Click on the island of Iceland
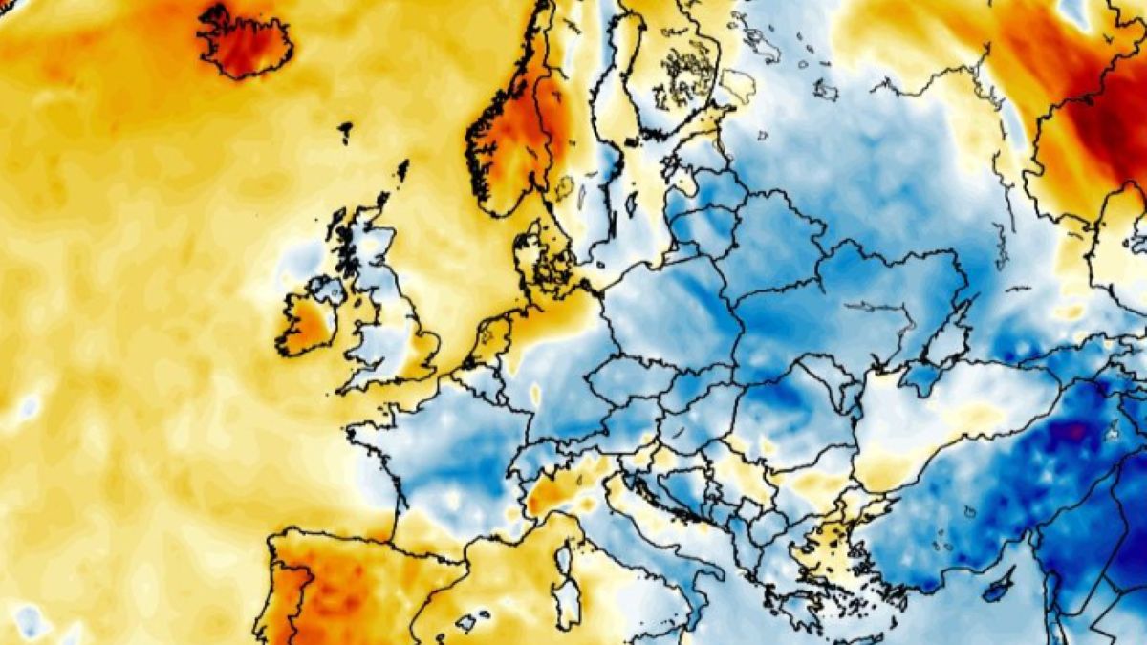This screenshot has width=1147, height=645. [244, 40]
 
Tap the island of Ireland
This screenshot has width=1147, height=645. [308, 320]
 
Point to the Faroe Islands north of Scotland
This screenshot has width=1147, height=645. [344, 132]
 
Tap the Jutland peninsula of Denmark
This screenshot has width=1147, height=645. [529, 258]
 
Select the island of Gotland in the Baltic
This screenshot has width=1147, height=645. [632, 204]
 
